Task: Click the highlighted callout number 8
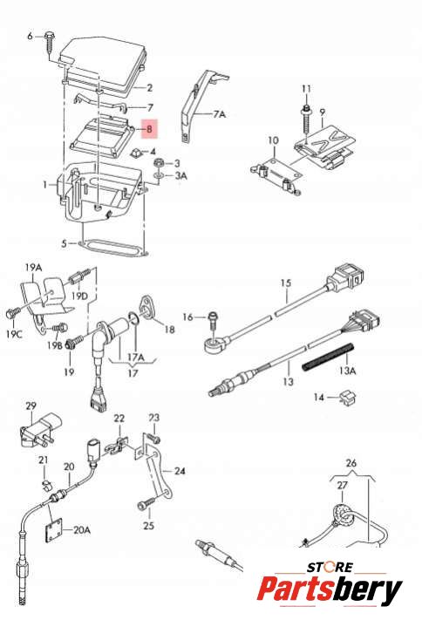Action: [149, 129]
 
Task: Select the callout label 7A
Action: [219, 114]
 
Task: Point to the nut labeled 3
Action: [158, 163]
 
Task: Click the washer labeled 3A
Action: [158, 175]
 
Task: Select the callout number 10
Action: [274, 140]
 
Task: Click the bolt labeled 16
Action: [213, 320]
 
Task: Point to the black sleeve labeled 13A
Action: [329, 356]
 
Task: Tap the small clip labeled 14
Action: [346, 398]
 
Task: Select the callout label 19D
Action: [79, 296]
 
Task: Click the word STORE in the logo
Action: [330, 567]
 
